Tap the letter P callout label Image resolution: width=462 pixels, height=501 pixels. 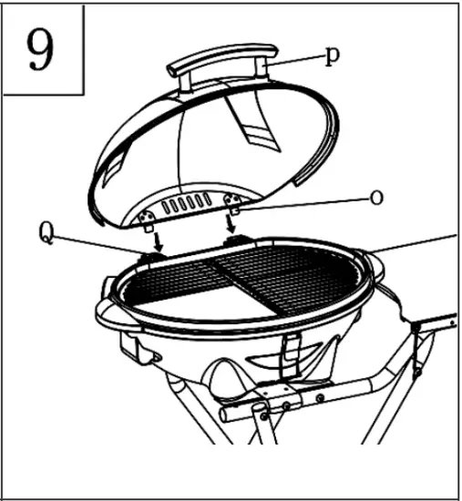coord(334,55)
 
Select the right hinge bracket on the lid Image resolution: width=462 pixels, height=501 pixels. coord(233,201)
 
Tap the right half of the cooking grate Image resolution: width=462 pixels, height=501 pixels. coord(292,273)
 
